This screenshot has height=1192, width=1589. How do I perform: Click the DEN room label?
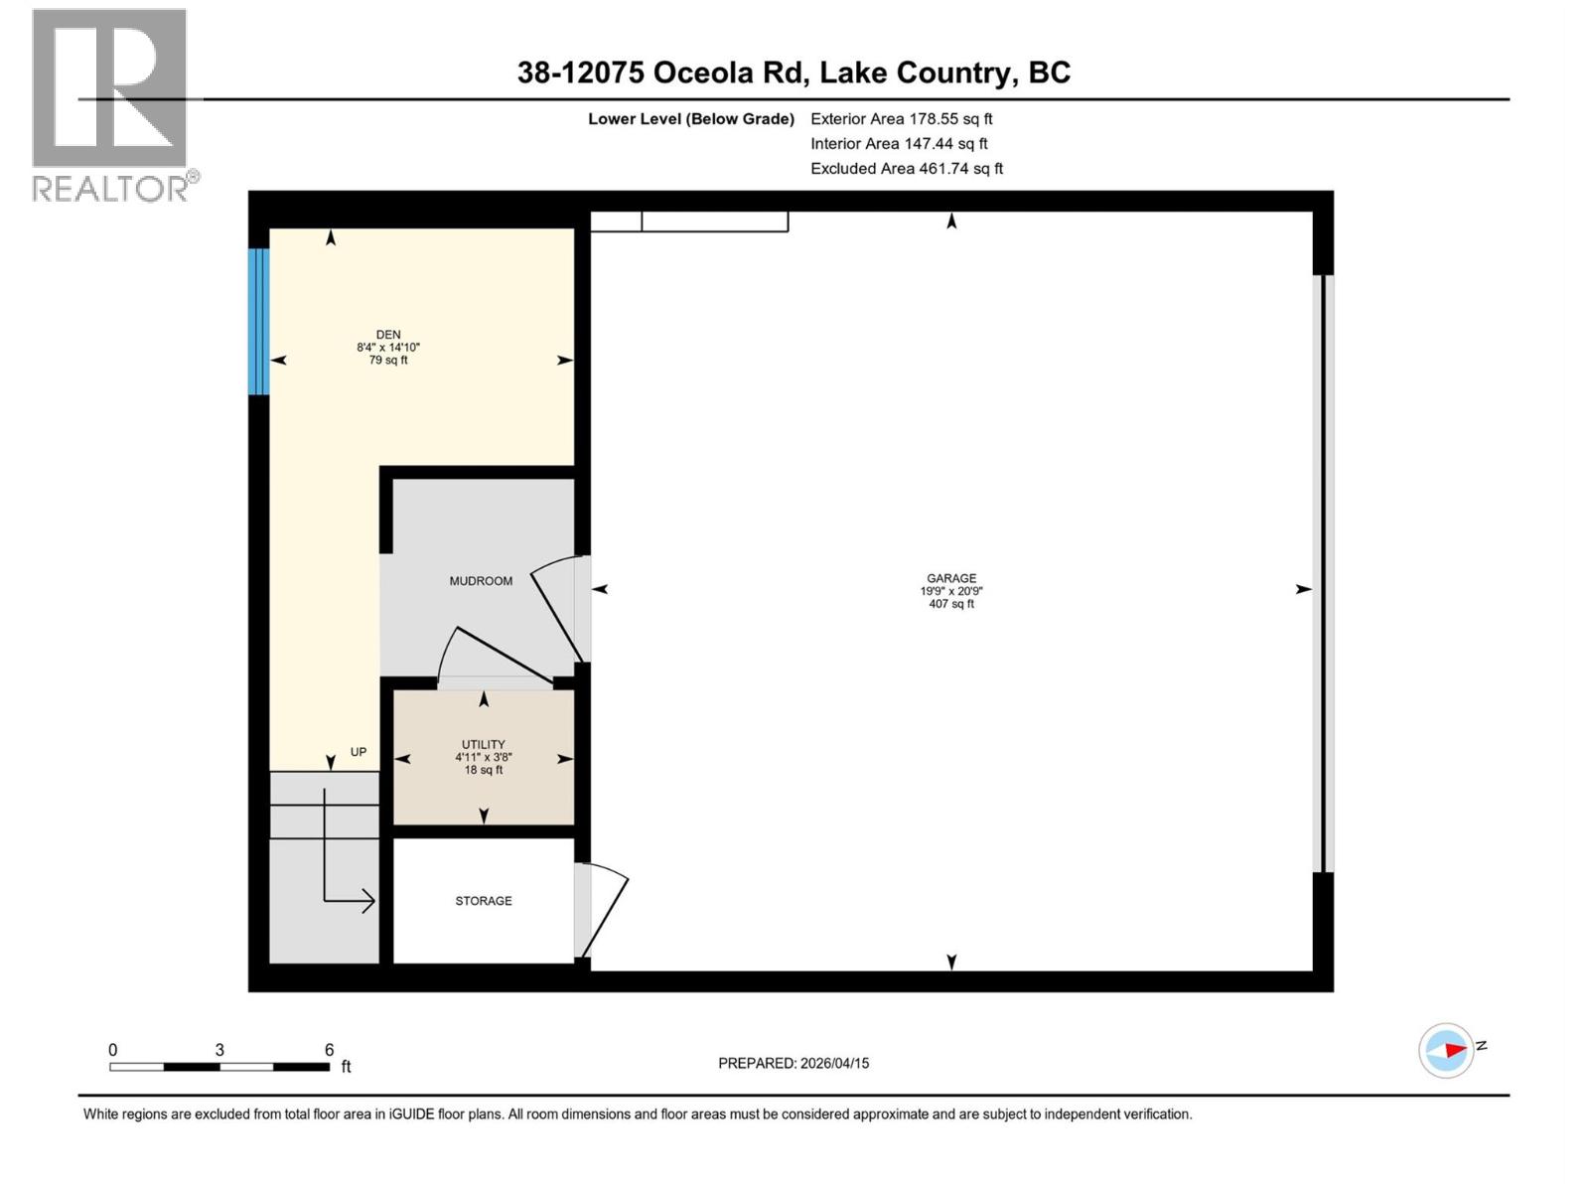pyautogui.click(x=388, y=335)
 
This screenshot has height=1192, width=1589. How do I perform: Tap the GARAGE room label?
pyautogui.click(x=951, y=578)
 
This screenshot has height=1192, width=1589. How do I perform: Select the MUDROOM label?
pyautogui.click(x=481, y=581)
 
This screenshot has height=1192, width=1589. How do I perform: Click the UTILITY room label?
pyautogui.click(x=484, y=744)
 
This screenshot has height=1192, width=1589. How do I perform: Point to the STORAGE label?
pyautogui.click(x=484, y=901)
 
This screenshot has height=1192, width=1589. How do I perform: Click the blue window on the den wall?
pyautogui.click(x=258, y=321)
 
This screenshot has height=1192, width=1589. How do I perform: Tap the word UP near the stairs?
pyautogui.click(x=359, y=752)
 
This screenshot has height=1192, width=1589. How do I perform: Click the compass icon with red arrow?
pyautogui.click(x=1447, y=1050)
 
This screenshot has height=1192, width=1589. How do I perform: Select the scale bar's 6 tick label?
pyautogui.click(x=329, y=1050)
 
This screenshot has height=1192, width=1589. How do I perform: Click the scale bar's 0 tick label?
pyautogui.click(x=113, y=1050)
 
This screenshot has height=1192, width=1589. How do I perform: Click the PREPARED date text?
pyautogui.click(x=794, y=1063)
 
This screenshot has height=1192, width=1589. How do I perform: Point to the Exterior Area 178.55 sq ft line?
pyautogui.click(x=901, y=118)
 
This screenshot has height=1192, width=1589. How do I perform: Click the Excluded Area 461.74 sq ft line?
pyautogui.click(x=906, y=169)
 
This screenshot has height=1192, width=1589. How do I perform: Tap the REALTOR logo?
pyautogui.click(x=110, y=105)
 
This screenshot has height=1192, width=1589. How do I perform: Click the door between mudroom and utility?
pyautogui.click(x=494, y=659)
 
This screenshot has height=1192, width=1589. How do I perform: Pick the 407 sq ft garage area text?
pyautogui.click(x=951, y=604)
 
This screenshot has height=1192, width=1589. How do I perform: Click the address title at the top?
pyautogui.click(x=794, y=73)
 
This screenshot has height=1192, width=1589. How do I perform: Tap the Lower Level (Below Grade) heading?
pyautogui.click(x=691, y=119)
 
